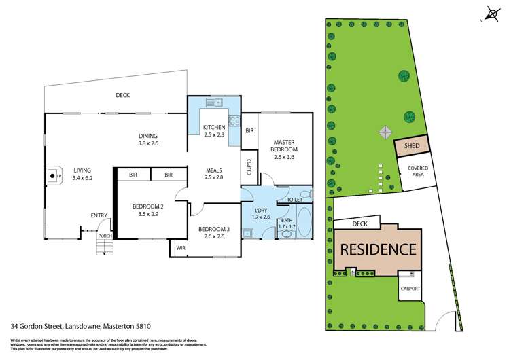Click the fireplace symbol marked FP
click(x=52, y=175)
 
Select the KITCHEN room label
click(x=213, y=127)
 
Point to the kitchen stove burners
click(x=233, y=122)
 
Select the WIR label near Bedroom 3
click(x=180, y=249)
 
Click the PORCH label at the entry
click(x=104, y=236)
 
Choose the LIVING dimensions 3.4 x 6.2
click(x=83, y=177)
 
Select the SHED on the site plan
click(x=412, y=146)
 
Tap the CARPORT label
click(x=410, y=289)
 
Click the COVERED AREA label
click(x=417, y=170)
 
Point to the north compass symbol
click(x=492, y=14)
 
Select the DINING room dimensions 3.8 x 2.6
click(x=147, y=143)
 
